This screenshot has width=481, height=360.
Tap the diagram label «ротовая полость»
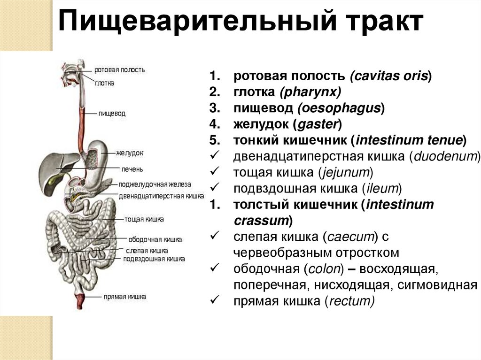pyautogui.click(x=120, y=69)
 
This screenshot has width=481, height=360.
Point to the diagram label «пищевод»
pyautogui.click(x=112, y=113)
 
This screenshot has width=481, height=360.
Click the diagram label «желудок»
pyautogui.click(x=130, y=153)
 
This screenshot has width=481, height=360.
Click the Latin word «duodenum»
pyautogui.click(x=446, y=156)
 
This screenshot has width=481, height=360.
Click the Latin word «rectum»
pyautogui.click(x=350, y=301)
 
